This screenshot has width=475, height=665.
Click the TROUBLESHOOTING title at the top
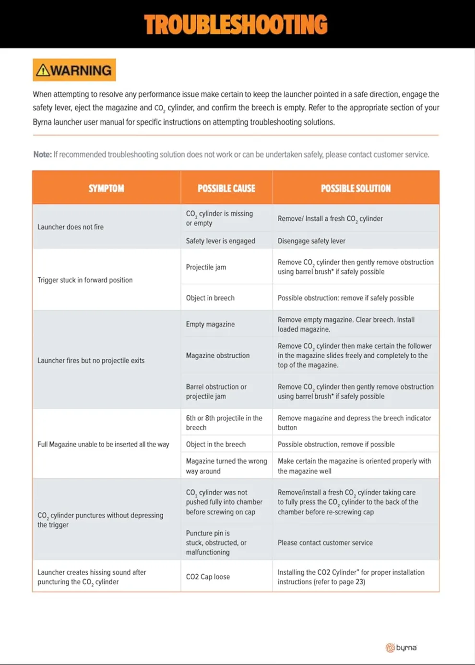click(236, 24)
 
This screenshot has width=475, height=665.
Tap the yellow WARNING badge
click(74, 70)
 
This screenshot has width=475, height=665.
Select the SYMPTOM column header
click(106, 188)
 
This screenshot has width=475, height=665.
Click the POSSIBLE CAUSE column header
click(226, 188)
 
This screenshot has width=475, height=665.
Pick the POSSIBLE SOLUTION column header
click(356, 188)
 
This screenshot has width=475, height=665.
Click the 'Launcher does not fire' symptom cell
click(71, 227)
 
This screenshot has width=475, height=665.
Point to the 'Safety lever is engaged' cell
click(220, 241)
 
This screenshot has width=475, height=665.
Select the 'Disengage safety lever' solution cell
click(311, 241)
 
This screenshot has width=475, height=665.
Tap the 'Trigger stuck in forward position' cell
click(85, 280)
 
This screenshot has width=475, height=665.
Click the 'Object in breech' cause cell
click(210, 298)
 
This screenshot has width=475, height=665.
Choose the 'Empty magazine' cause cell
click(210, 324)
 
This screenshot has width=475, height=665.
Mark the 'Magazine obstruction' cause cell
click(218, 355)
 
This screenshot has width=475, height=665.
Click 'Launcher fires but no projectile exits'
click(91, 360)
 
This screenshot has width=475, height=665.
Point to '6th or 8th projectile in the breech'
click(224, 423)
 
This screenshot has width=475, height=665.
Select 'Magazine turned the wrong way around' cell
click(226, 466)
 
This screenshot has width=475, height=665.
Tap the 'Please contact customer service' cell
click(325, 543)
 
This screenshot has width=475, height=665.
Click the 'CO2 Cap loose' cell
click(208, 577)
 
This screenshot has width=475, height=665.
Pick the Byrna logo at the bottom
click(402, 648)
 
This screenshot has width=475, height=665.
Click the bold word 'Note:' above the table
click(42, 155)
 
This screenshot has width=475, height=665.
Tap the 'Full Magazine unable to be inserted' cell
click(103, 444)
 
